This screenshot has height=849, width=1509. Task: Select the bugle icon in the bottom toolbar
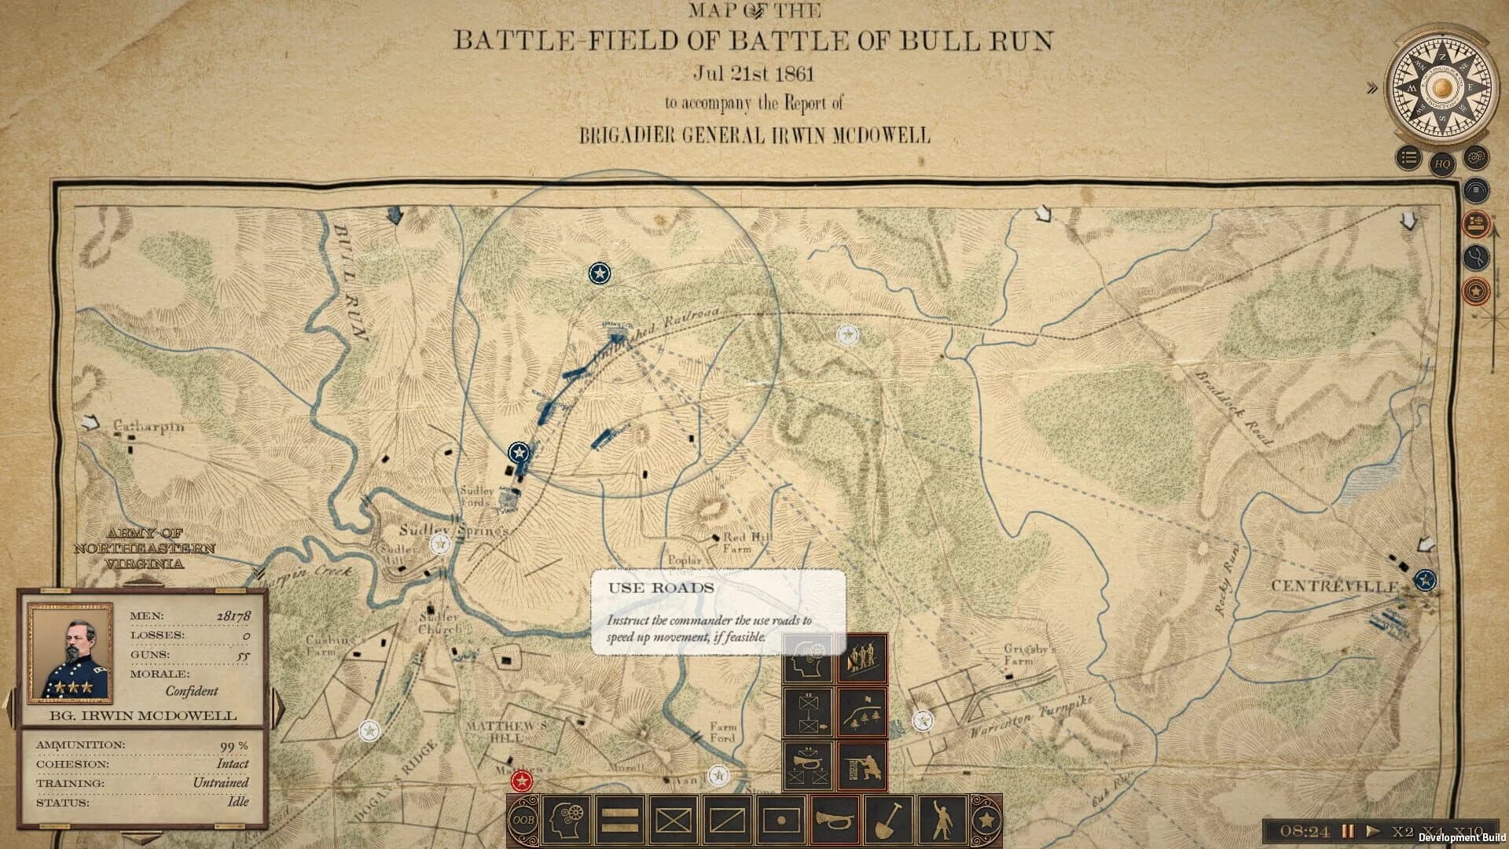834,820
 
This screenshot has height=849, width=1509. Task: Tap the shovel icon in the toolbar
888,820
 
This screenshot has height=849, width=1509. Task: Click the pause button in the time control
1348,831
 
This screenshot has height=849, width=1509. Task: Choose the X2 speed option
1403,831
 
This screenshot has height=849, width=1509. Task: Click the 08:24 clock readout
1304,831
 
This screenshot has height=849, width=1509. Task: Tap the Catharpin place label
149,426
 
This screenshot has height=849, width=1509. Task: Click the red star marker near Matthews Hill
521,781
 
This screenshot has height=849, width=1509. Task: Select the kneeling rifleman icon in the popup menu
862,765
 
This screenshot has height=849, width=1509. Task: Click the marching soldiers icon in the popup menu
862,658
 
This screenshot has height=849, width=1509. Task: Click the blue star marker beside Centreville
1424,580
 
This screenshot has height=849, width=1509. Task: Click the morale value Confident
191,691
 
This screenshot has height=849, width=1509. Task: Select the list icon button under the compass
1409,159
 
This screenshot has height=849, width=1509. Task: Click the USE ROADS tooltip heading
660,588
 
